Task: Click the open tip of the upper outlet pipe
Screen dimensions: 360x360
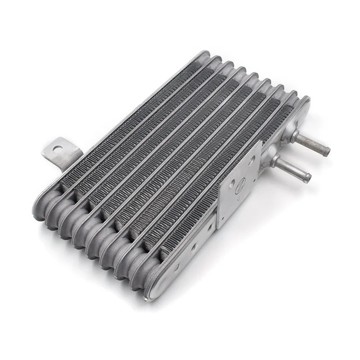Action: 326,152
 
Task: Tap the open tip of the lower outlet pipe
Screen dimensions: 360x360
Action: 307,177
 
